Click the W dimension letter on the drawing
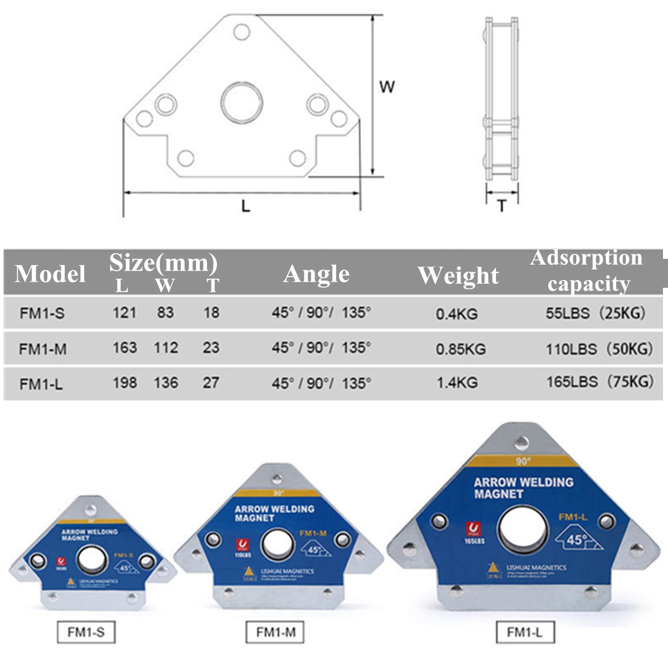[x=387, y=87]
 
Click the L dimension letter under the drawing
[x=245, y=205]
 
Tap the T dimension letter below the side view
[x=502, y=206]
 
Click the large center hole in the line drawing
[x=242, y=103]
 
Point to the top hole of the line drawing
[x=242, y=32]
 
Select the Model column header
[x=50, y=273]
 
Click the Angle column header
[x=316, y=273]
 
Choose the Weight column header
[x=458, y=275]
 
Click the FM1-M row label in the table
[x=43, y=349]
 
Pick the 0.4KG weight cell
[x=456, y=314]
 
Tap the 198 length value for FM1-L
[x=124, y=383]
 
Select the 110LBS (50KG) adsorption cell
[x=599, y=349]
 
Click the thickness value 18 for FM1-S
[x=211, y=312]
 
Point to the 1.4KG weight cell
[x=456, y=383]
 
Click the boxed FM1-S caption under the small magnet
[x=86, y=632]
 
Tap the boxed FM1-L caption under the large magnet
[x=524, y=632]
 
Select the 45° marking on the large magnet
[x=577, y=539]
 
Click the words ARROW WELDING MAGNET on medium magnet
[x=274, y=513]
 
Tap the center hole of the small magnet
[x=92, y=559]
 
